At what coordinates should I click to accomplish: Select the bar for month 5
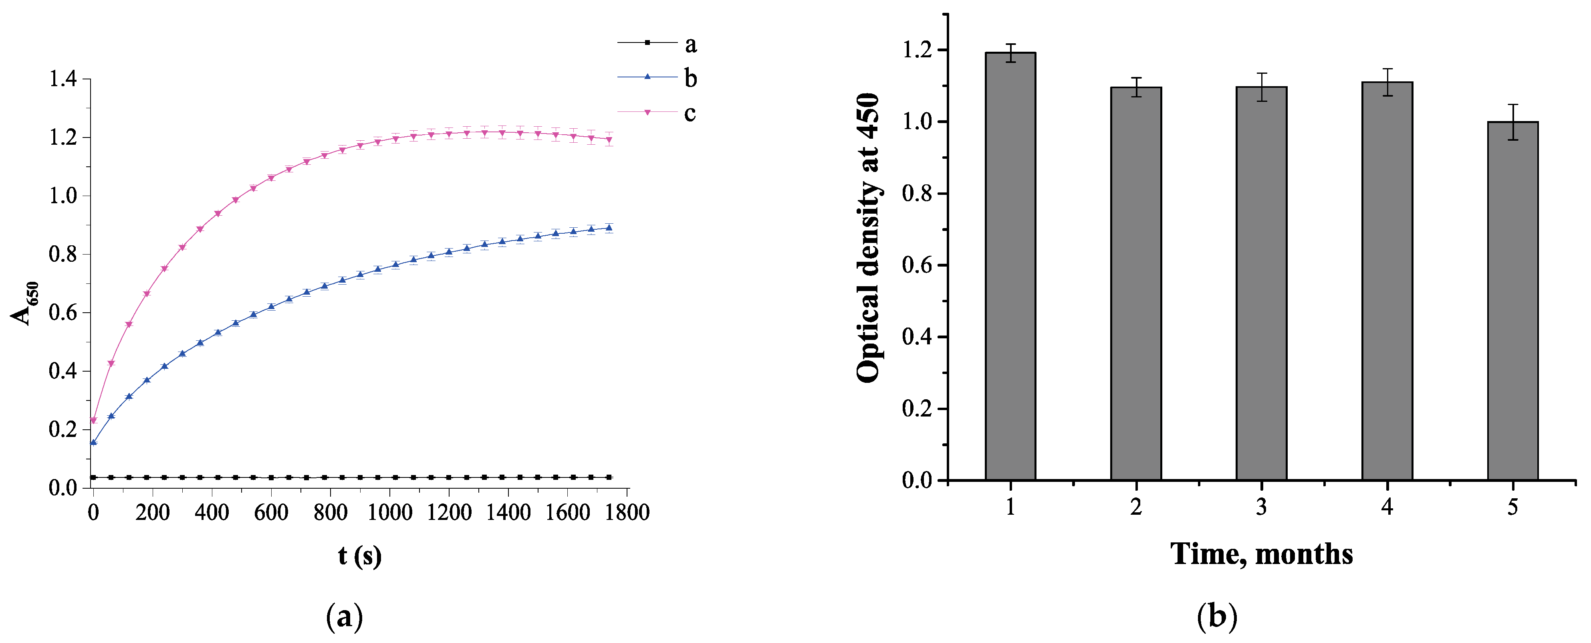coord(1512,301)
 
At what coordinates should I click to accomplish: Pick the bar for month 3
coord(1261,283)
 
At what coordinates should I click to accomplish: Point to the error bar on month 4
coord(1387,82)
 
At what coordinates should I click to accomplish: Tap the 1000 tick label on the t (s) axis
coord(390,512)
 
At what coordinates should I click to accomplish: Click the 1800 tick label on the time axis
coord(627,512)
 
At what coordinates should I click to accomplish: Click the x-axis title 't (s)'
coord(359,555)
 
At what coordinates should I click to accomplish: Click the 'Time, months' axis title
coord(1261,554)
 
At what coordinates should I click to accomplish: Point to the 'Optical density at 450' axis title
coord(868,238)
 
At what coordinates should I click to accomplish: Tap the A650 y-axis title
coord(25,303)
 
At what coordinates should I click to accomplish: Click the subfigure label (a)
coord(344,617)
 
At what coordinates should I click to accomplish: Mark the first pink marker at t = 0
coord(94,421)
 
